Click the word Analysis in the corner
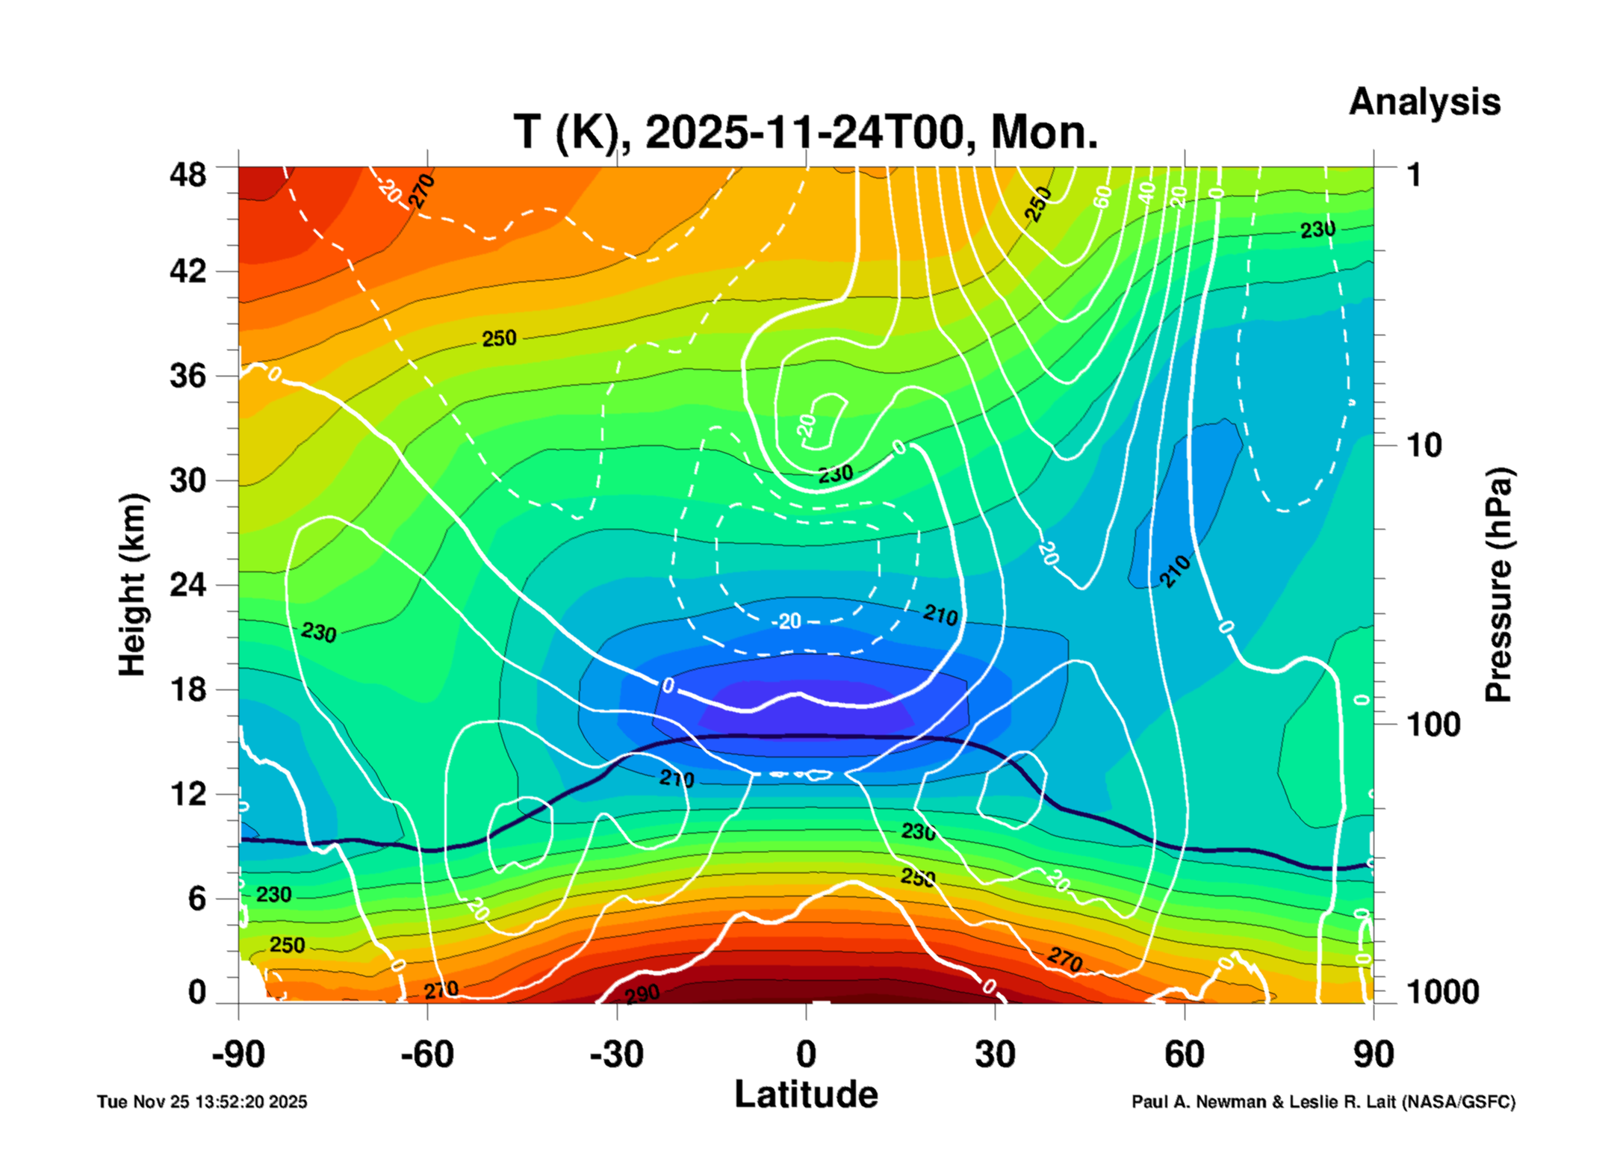pos(1424,102)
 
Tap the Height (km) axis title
pos(133,585)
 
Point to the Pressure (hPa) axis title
pos(1497,585)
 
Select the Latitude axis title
pos(806,1094)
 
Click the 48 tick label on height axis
pos(187,176)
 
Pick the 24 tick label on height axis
pos(187,584)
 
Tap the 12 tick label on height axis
pos(187,794)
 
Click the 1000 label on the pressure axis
pos(1442,992)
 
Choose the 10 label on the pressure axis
pos(1424,446)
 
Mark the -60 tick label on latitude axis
pos(427,1055)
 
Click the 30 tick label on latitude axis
pos(995,1055)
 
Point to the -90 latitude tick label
pos(238,1055)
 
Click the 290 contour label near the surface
pos(642,993)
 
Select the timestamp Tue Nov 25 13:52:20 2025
pos(202,1102)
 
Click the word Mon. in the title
pos(1044,133)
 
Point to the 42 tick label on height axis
pos(187,271)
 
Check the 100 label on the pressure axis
pos(1433,725)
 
